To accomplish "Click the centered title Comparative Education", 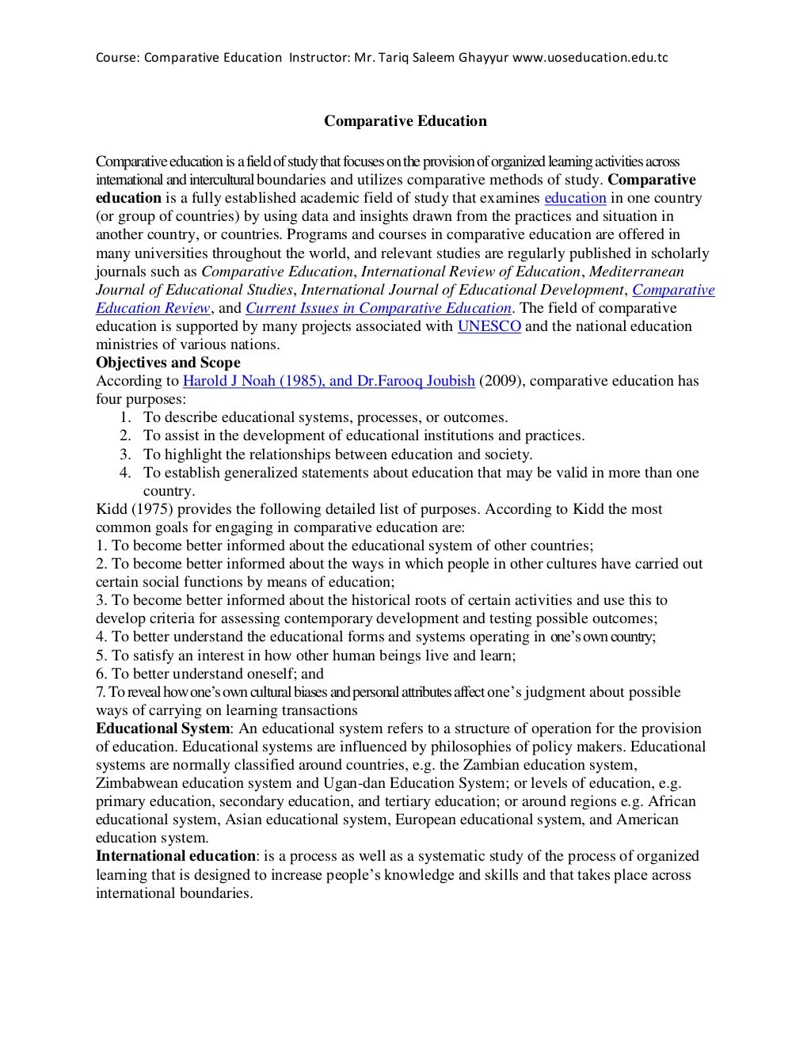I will [x=405, y=121].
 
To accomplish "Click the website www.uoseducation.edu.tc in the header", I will [x=591, y=57].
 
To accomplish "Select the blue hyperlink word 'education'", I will [x=575, y=198].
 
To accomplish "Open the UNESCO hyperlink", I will [x=489, y=326].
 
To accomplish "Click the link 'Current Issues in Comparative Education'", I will [x=379, y=308].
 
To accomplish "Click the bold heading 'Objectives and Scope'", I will [x=168, y=363].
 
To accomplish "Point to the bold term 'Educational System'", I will [x=162, y=729].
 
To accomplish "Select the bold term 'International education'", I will [x=176, y=856].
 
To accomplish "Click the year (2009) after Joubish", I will [x=500, y=381].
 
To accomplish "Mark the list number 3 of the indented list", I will [x=125, y=455].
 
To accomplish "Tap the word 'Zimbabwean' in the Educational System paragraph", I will [x=136, y=783].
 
